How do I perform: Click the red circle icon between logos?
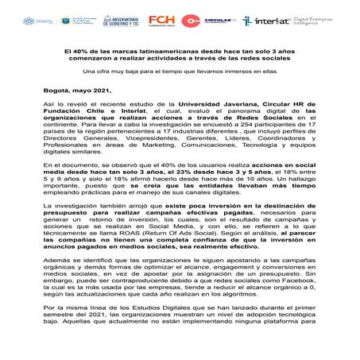click(x=191, y=21)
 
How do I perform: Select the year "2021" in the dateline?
click(x=99, y=91)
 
